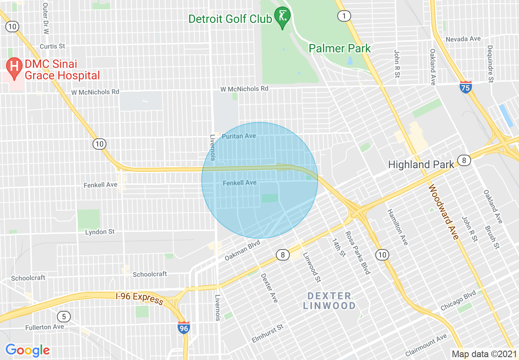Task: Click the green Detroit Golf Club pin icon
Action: tap(282, 16)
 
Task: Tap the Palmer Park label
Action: tap(340, 48)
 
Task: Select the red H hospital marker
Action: tap(15, 67)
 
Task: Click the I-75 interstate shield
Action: tap(465, 87)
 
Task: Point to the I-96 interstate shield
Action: tap(184, 327)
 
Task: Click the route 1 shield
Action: tap(344, 16)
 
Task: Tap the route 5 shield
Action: tap(63, 316)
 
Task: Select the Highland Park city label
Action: tap(421, 164)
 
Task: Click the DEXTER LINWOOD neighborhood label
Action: tap(329, 301)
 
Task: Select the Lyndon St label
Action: tap(100, 232)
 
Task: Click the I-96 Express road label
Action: tap(140, 298)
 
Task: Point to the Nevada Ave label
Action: tap(463, 39)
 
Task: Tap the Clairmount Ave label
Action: tap(426, 345)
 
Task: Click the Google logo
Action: tap(27, 350)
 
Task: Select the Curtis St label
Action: tap(52, 46)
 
